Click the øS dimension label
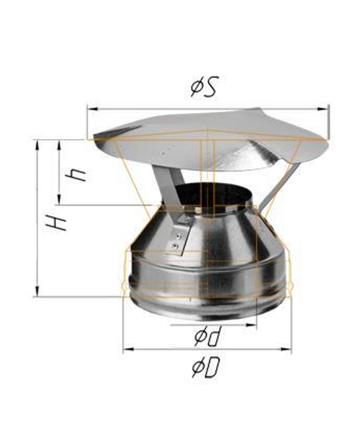point(204,88)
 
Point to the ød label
point(206,336)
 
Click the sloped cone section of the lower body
point(223,231)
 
